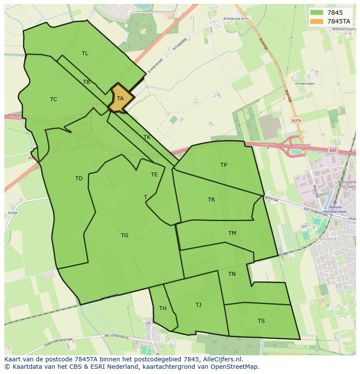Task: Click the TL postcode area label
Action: [85, 53]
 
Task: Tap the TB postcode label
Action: [87, 82]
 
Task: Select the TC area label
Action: [53, 99]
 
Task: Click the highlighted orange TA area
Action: [120, 99]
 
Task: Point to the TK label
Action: [147, 137]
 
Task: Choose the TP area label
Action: [223, 165]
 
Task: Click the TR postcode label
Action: [211, 200]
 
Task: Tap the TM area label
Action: [232, 233]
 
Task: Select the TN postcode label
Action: [232, 274]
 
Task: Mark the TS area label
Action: [261, 321]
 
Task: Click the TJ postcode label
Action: [198, 305]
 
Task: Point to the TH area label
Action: [163, 308]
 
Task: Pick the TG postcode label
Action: [124, 235]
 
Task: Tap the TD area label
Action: [79, 179]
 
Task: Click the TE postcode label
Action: [154, 175]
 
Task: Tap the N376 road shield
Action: [297, 121]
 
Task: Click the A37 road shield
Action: [333, 150]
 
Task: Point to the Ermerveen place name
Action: [304, 83]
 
